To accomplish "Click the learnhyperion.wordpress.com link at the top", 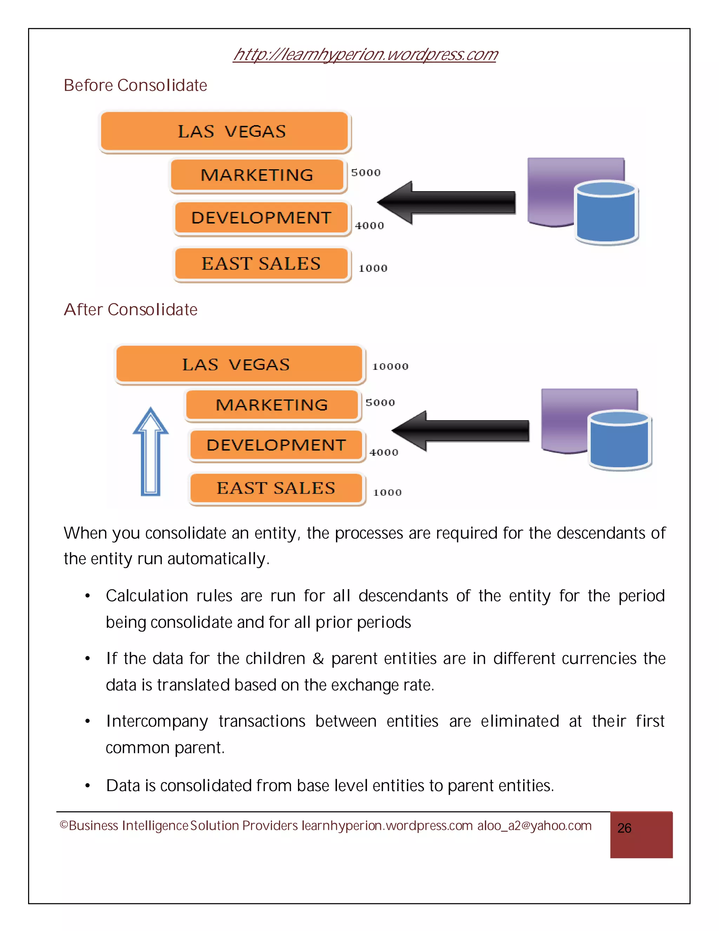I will coord(365,54).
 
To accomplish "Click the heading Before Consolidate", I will coord(135,85).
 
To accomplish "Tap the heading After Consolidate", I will coord(130,310).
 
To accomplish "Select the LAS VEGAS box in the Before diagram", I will coord(224,131).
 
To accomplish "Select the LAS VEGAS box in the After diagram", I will coord(239,364).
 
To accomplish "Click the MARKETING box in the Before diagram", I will coord(257,175).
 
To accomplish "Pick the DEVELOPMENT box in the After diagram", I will coord(276,445).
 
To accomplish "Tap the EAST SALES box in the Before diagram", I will coord(261,263).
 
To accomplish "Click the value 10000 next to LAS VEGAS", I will coord(390,366).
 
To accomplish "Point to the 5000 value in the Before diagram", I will coord(365,172).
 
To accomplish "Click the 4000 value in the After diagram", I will coord(383,452).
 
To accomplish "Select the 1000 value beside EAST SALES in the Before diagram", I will coord(373,268).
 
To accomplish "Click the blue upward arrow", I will coord(150,452).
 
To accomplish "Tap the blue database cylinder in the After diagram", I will coord(620,441).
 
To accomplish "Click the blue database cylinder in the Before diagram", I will coord(606,213).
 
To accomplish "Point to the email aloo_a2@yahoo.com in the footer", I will coord(534,826).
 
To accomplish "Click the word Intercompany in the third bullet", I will coord(157,721).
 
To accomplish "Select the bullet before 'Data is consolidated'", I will coord(87,785).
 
